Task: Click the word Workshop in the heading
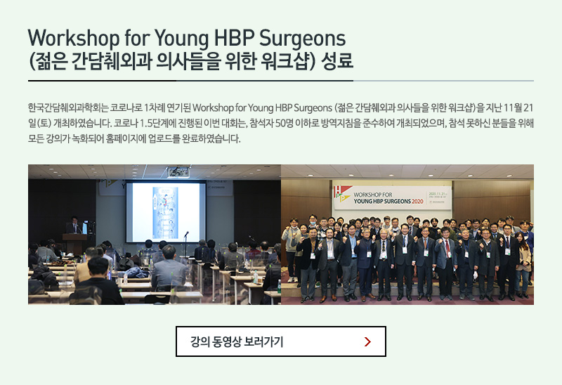pos(74,39)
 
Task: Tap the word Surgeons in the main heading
pos(302,39)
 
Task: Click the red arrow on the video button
pos(367,341)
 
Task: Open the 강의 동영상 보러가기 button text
pos(237,341)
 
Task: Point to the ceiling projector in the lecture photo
pos(178,173)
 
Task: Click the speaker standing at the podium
pos(74,225)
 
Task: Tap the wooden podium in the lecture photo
pos(74,244)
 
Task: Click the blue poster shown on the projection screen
pos(165,213)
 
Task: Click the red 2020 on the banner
pos(417,202)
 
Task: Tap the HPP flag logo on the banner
pos(341,195)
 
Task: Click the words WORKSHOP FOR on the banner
pos(373,195)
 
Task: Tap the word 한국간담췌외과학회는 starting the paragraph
pos(68,108)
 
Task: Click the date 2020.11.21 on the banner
pos(437,194)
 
